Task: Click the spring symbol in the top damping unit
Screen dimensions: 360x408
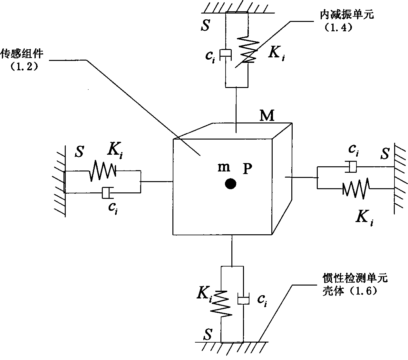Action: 248,50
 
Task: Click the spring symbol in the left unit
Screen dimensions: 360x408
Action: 102,171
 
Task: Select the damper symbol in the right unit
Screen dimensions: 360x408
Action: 353,167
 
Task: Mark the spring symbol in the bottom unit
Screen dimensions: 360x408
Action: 221,303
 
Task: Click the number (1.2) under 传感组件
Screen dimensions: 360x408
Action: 25,67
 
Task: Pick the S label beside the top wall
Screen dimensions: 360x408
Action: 205,25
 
